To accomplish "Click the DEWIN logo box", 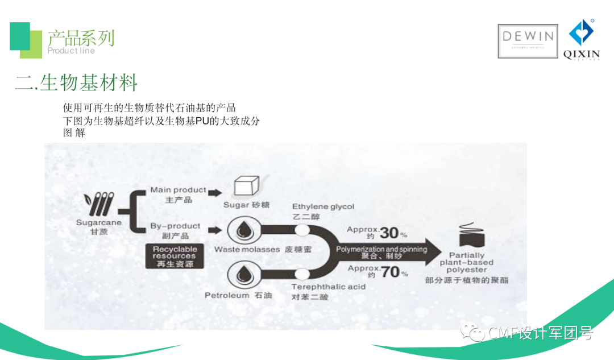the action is pos(527,40).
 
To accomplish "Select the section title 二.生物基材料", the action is pos(77,83).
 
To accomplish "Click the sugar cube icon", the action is pos(246,188).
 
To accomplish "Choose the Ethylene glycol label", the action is pos(323,206).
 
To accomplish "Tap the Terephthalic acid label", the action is pos(329,287).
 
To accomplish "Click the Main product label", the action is pos(178,190).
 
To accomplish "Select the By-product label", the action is pos(176,226).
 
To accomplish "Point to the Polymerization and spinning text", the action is pos(381,249).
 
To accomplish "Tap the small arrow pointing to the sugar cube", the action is pos(214,193).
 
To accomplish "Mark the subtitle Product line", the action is pos(71,51).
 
